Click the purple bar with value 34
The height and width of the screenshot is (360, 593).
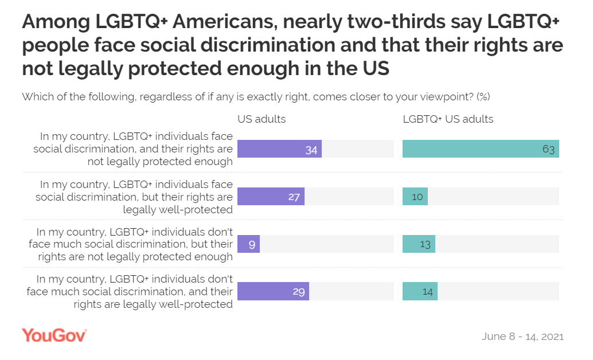coord(279,149)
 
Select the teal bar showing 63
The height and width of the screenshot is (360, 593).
coord(481,149)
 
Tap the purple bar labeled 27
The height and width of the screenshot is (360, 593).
coord(271,197)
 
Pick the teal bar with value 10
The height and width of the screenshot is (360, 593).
coord(415,197)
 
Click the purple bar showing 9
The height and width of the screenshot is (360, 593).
coord(249,244)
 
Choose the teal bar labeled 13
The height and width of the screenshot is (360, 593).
coord(419,244)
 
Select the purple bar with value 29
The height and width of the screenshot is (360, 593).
coord(273,292)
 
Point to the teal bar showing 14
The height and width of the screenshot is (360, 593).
coord(420,292)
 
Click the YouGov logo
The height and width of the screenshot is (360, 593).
coord(54,335)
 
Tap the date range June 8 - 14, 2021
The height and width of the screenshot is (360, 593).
coord(522,336)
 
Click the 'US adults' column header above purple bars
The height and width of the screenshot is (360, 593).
coord(262,119)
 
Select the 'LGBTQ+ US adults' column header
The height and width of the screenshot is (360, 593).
coord(448,119)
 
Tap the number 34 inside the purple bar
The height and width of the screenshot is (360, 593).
coord(311,149)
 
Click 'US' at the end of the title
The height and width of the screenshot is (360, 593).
coord(376,69)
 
